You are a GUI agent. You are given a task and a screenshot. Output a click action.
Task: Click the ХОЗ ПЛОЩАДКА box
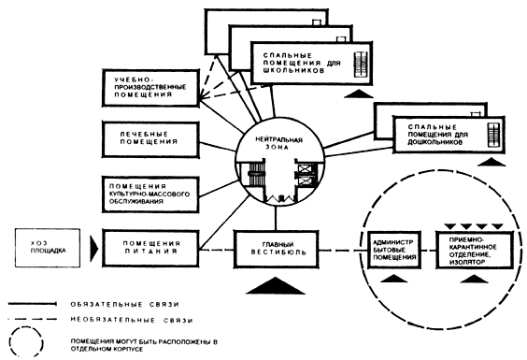(48, 248)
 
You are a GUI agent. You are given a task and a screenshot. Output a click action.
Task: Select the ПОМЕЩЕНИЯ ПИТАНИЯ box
(150, 249)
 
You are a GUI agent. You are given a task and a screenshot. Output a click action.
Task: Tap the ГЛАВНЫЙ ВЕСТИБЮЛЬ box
(276, 249)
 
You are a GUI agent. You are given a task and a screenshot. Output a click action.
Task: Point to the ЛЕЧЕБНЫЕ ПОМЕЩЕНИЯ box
(150, 139)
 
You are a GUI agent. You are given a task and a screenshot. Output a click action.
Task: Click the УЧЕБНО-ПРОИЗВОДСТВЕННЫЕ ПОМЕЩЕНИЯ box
(150, 88)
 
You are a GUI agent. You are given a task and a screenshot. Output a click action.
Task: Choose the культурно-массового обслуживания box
(150, 194)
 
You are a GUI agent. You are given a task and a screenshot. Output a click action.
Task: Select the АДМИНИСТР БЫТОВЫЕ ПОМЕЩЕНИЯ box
(394, 250)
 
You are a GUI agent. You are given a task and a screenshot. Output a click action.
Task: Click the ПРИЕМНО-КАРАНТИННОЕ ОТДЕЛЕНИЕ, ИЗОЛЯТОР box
(475, 250)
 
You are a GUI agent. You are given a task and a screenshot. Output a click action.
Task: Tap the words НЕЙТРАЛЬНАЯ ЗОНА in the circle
(279, 143)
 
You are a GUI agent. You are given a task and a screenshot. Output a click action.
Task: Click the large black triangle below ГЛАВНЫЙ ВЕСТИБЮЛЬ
(276, 286)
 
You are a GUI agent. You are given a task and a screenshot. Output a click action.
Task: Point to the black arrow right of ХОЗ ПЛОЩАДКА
(94, 249)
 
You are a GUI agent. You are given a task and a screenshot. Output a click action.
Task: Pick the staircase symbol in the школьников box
(360, 64)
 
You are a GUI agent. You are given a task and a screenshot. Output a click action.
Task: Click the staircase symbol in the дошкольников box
(493, 135)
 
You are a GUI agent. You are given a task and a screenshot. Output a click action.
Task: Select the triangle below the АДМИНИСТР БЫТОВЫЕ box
(393, 279)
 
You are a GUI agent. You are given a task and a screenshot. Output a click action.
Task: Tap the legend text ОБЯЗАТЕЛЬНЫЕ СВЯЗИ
(124, 305)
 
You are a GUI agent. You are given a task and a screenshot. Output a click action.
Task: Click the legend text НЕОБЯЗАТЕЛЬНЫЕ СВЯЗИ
(132, 320)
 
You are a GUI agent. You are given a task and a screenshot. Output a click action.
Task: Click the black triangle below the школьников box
(359, 94)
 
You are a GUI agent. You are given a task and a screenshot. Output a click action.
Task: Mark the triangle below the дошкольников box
(491, 162)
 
